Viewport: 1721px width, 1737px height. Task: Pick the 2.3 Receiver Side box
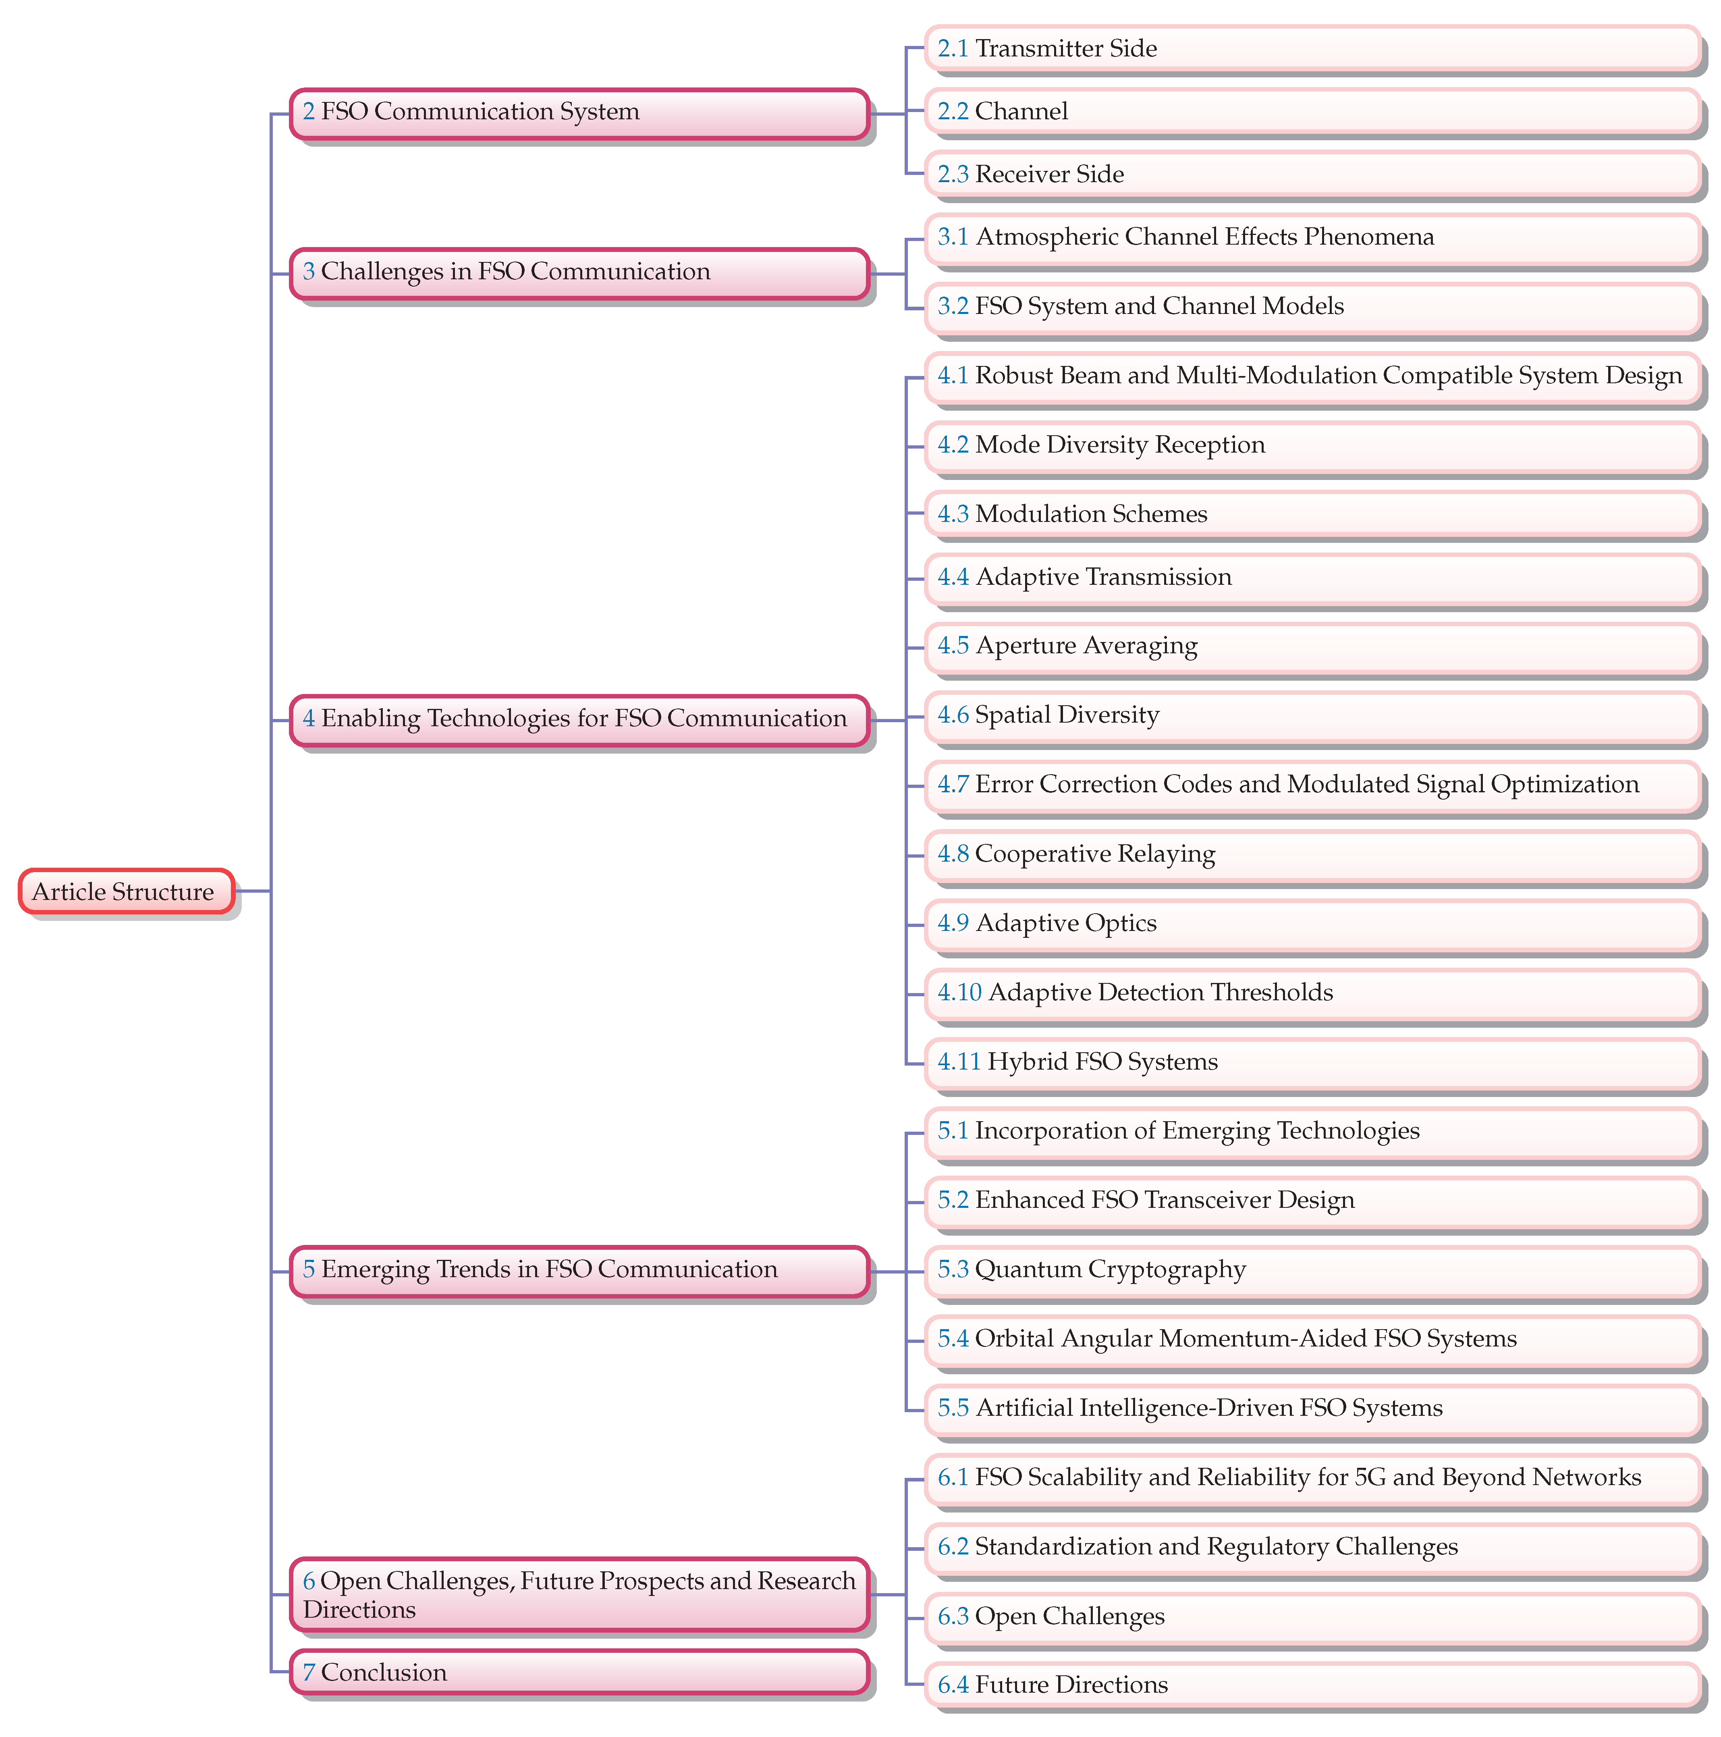(x=1312, y=175)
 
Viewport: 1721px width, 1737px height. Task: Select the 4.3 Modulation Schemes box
(x=1312, y=514)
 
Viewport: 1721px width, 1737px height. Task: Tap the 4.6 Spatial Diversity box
(x=1312, y=716)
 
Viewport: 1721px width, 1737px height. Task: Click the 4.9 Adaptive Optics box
(x=1312, y=924)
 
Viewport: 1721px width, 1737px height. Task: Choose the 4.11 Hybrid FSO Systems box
(x=1312, y=1063)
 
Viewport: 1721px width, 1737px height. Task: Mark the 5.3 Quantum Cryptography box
(x=1312, y=1270)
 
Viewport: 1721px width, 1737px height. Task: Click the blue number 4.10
(x=959, y=993)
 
